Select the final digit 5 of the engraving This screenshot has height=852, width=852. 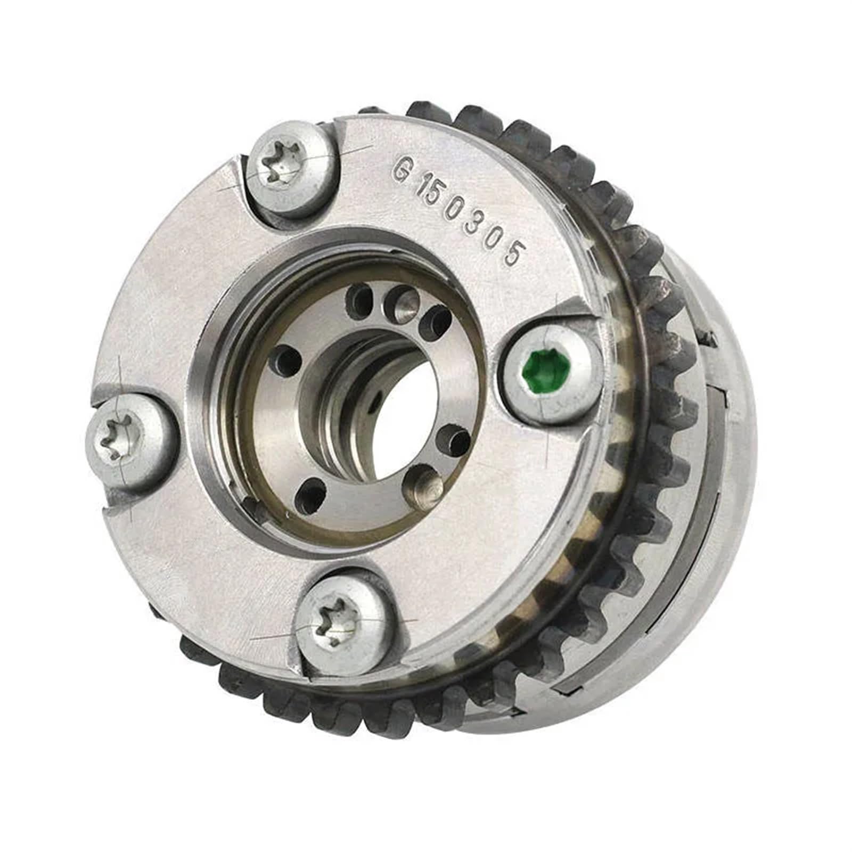coord(512,255)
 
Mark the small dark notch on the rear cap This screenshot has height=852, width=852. coord(708,337)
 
